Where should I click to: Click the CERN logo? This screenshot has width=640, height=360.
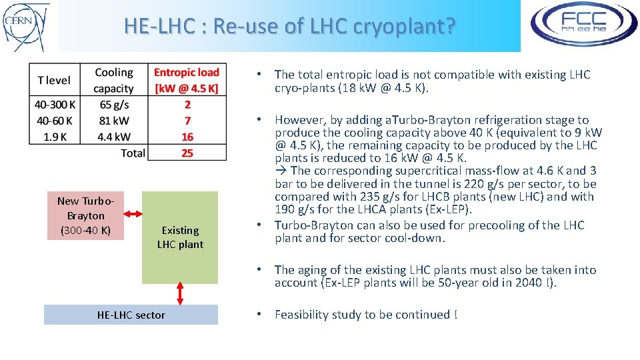click(x=26, y=26)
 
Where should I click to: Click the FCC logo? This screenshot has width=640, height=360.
click(x=583, y=25)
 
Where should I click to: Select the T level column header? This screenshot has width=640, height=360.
click(x=54, y=80)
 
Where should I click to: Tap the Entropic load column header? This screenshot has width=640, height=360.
click(x=187, y=80)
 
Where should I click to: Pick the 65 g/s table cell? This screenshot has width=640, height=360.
click(x=113, y=105)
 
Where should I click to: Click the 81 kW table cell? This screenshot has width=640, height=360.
click(x=113, y=121)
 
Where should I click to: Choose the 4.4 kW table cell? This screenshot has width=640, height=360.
click(x=113, y=137)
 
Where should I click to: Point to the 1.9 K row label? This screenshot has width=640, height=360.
click(x=54, y=137)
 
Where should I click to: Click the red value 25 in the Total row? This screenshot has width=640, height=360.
click(x=187, y=153)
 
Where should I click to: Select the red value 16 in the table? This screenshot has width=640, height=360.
click(x=187, y=137)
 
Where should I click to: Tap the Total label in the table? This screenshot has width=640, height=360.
click(x=133, y=153)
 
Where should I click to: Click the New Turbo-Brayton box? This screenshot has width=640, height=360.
click(x=85, y=215)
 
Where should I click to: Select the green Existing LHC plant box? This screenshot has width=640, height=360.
click(x=180, y=237)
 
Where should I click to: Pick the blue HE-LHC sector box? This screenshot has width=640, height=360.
click(x=131, y=315)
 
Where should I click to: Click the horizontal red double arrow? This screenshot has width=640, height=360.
click(x=133, y=214)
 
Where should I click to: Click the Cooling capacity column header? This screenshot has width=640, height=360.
click(x=113, y=80)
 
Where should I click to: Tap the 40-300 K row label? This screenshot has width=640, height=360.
click(x=54, y=105)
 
